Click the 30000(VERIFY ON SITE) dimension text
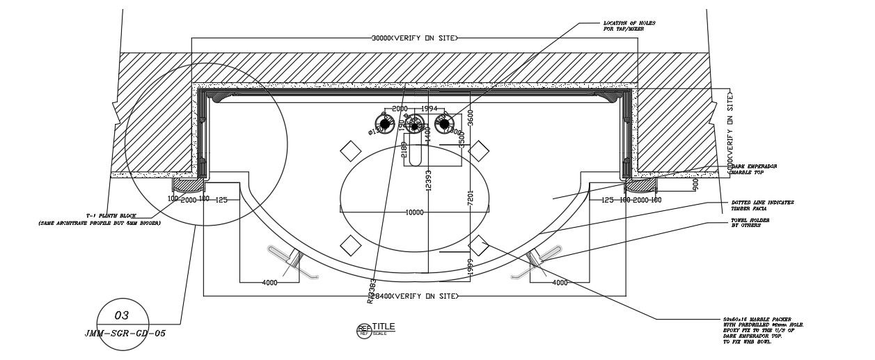415,38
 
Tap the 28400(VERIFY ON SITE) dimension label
415,297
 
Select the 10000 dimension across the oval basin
415,212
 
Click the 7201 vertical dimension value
470,200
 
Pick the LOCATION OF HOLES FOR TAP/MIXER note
629,26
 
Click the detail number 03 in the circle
122,315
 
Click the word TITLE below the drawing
384,327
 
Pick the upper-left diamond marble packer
349,150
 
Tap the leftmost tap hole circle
384,123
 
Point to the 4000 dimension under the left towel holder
270,283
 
